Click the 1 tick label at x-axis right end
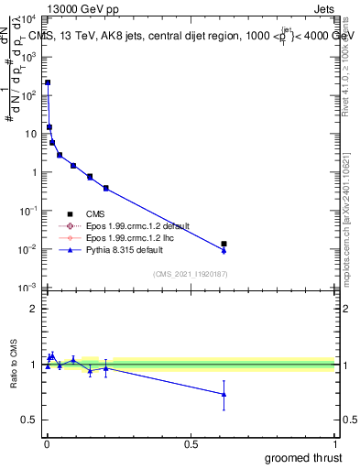[333, 442]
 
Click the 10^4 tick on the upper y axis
[30, 18]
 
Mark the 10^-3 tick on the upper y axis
[30, 288]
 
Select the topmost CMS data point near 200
[48, 82]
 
